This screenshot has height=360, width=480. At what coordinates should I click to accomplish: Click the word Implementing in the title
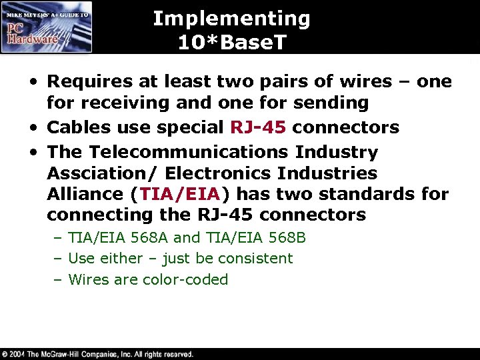click(x=231, y=19)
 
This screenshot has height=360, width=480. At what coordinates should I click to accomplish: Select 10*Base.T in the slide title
click(x=231, y=43)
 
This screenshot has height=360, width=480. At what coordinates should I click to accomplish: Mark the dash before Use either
click(x=59, y=259)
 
